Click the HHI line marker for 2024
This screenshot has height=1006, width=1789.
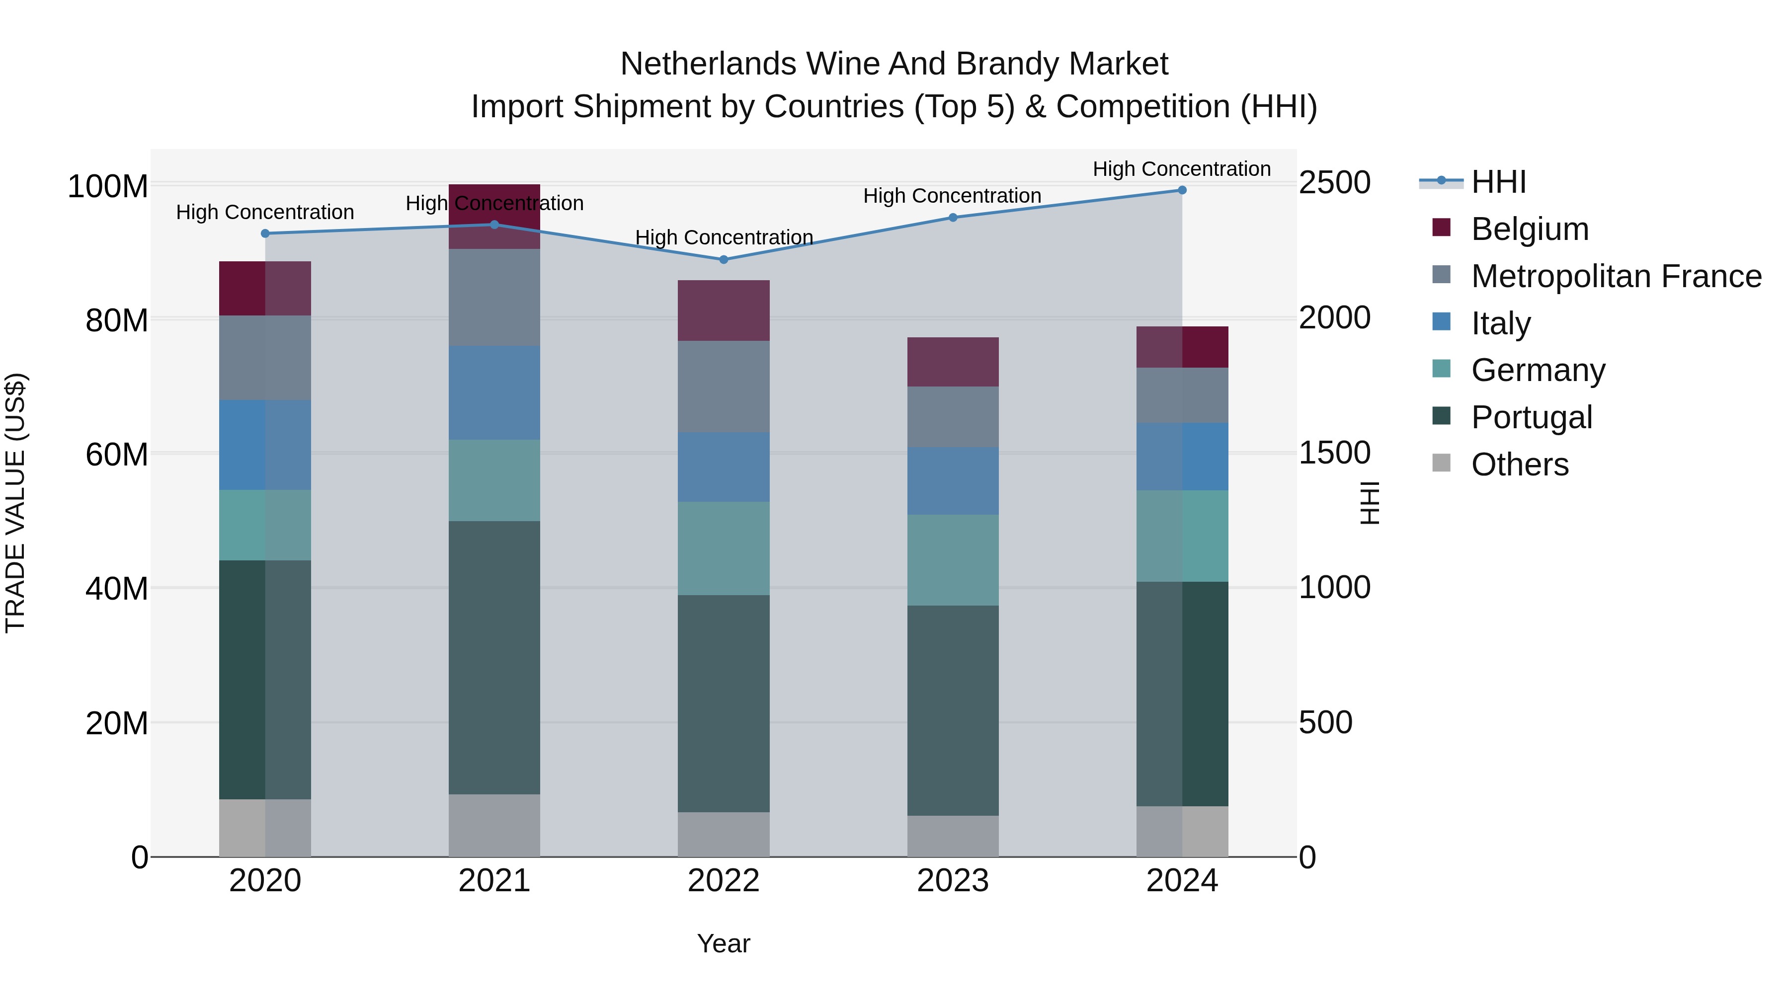tap(1182, 190)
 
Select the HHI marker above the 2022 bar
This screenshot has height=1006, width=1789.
tap(724, 260)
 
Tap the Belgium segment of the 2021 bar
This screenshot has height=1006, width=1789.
tap(494, 216)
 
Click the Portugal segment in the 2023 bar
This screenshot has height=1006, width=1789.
tap(953, 710)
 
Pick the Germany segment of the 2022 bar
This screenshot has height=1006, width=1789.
tap(724, 548)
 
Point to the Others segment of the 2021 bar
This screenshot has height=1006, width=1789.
tap(494, 826)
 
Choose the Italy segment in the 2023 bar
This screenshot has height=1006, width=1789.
tap(953, 481)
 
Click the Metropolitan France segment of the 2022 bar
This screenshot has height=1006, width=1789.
tap(724, 387)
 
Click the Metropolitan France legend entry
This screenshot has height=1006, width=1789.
tap(1616, 276)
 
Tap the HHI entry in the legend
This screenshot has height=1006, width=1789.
tap(1498, 182)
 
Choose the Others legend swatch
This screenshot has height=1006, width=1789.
tap(1442, 463)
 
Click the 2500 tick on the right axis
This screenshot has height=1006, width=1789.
tap(1334, 183)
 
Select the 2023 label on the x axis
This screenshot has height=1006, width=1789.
tap(953, 881)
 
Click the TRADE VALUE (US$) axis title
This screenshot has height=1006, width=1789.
tap(15, 503)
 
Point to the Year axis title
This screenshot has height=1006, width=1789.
tap(724, 943)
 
